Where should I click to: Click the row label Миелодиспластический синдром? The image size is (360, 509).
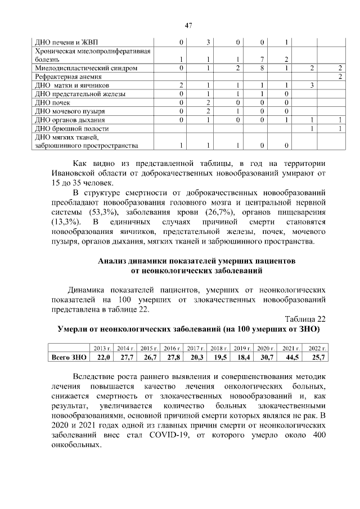click(78, 68)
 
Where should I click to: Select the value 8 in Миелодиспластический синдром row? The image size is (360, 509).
click(262, 68)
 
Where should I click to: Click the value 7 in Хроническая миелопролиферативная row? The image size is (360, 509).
click(262, 59)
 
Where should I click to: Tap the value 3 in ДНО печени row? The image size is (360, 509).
click(208, 42)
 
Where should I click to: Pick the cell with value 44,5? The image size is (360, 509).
click(291, 357)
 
